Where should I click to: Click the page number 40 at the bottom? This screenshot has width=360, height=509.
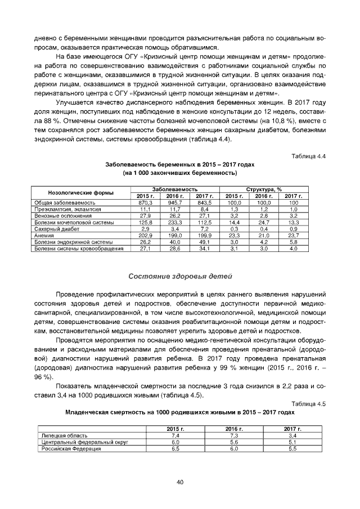(180, 482)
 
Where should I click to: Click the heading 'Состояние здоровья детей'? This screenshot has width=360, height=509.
(179, 276)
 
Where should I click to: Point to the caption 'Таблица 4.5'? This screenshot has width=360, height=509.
(309, 404)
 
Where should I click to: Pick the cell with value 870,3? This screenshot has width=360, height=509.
(145, 202)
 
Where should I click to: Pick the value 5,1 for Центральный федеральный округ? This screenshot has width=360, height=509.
(292, 442)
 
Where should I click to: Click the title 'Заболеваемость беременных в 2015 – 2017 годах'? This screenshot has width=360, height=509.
(180, 165)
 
